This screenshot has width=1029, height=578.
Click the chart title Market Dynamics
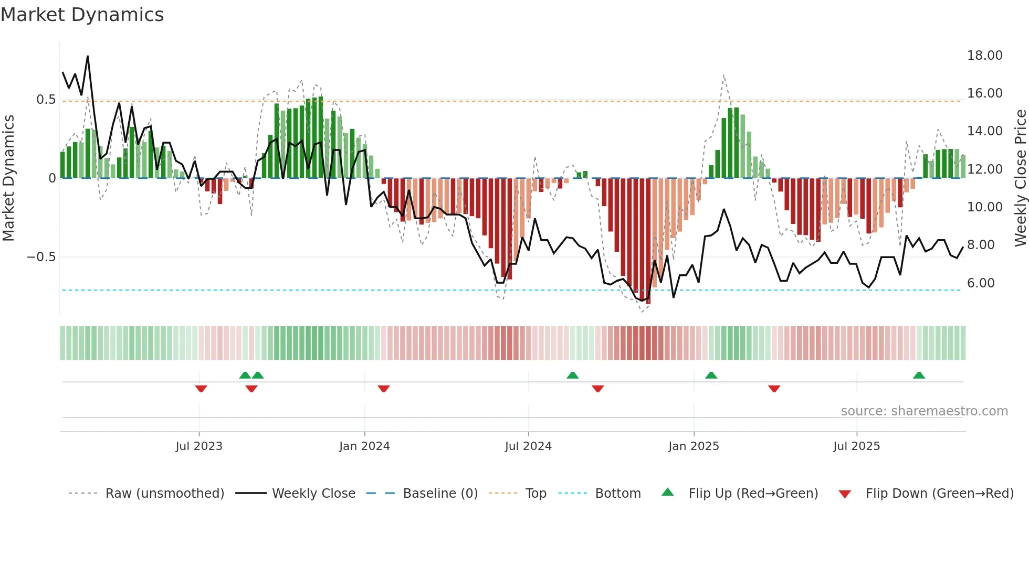click(82, 15)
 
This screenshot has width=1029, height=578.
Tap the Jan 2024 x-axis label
click(364, 446)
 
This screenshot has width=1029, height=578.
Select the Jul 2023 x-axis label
click(199, 446)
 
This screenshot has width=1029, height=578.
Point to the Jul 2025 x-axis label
click(856, 446)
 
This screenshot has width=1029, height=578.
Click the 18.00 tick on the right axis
click(984, 56)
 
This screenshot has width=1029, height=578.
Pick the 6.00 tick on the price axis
click(981, 283)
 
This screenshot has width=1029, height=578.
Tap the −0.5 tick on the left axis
click(41, 257)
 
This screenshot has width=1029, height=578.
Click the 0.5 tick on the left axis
click(46, 100)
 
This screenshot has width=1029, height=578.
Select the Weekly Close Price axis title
click(1020, 178)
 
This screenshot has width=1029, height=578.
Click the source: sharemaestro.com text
click(924, 411)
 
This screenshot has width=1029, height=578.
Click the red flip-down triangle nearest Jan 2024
click(384, 389)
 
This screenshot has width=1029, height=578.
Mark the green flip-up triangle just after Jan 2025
click(711, 375)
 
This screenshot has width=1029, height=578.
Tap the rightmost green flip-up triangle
click(919, 375)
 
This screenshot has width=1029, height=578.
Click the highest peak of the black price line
click(88, 57)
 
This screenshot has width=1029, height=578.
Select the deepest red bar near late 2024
click(648, 241)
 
